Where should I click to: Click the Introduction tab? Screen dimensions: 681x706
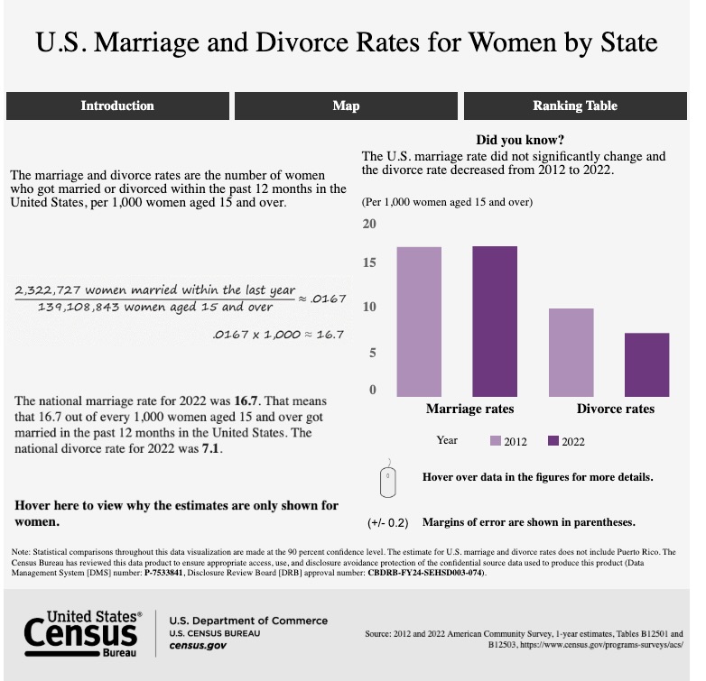117,106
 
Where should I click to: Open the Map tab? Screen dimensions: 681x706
346,106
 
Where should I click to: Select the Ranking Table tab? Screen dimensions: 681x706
575,106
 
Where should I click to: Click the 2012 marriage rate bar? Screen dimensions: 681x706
419,321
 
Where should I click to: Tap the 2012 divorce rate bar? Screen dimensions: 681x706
571,352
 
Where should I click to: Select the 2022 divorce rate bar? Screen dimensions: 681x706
646,364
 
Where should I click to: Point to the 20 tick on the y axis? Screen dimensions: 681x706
368,224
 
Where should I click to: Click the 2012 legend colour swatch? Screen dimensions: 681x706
496,441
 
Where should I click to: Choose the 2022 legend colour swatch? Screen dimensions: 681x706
553,441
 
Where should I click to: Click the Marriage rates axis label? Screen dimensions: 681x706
469,410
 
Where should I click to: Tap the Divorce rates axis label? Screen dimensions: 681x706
615,410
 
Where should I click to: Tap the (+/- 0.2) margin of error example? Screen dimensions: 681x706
388,522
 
